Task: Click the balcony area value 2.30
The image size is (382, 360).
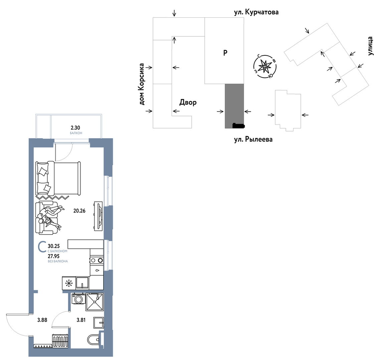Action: (75, 127)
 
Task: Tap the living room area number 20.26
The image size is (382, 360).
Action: (79, 211)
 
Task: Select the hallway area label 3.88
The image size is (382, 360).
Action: (42, 320)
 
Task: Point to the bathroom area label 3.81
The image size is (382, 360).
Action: (81, 320)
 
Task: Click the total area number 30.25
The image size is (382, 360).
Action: (54, 246)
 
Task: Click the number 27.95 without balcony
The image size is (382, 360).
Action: (54, 256)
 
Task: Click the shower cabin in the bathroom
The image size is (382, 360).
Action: (94, 302)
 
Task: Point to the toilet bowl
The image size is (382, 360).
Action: (93, 340)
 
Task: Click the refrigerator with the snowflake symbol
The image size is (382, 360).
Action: (69, 283)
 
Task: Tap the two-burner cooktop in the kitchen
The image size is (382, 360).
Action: (97, 260)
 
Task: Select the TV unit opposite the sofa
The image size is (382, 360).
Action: (98, 216)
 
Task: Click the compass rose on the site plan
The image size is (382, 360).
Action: (265, 66)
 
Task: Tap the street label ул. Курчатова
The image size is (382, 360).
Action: (256, 12)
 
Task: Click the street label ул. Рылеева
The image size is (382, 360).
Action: (253, 139)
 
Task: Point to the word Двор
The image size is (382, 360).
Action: (188, 102)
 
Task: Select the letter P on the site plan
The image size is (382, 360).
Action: (225, 53)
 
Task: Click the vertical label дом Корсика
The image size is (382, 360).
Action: (142, 84)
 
